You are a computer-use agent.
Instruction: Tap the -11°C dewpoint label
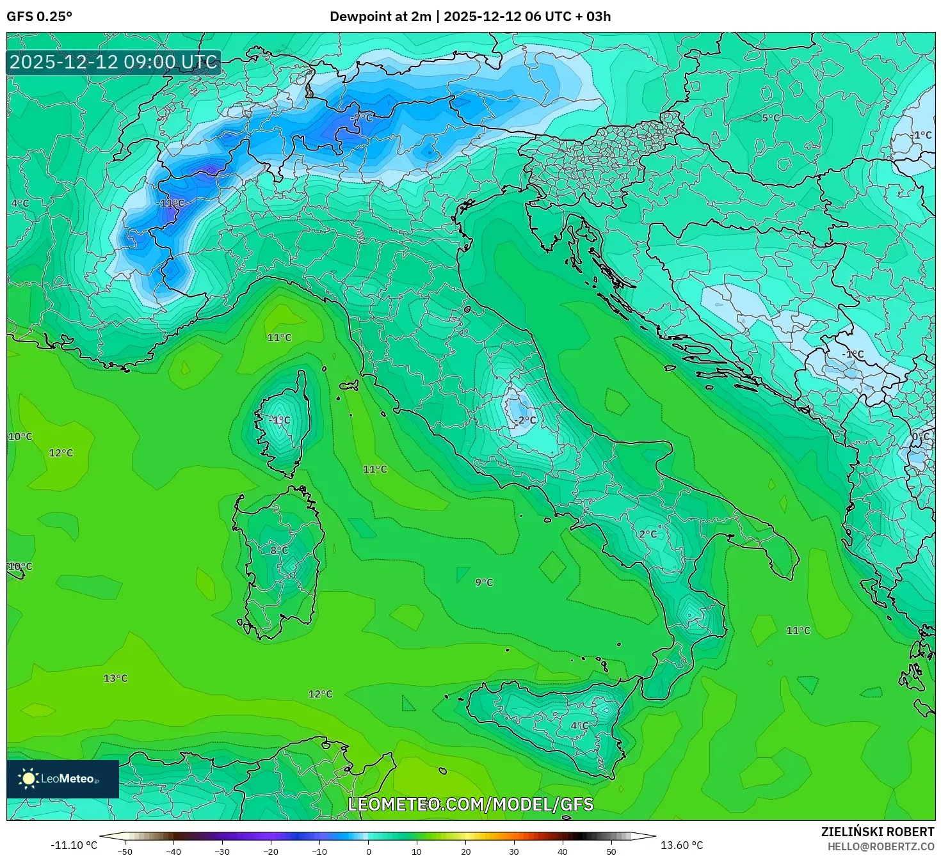(x=170, y=203)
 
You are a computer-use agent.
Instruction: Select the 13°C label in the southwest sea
(x=116, y=678)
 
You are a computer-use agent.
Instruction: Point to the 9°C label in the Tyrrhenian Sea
(x=484, y=582)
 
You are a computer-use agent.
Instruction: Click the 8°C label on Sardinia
(x=279, y=550)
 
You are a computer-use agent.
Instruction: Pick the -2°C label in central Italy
(x=526, y=420)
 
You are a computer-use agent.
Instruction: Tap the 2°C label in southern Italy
(x=648, y=534)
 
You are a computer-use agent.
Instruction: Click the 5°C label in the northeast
(x=771, y=118)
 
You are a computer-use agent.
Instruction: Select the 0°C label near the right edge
(x=921, y=437)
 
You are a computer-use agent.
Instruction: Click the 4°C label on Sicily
(x=579, y=725)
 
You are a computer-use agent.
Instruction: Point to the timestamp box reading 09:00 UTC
(x=114, y=62)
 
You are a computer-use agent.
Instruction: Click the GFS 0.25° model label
(x=40, y=17)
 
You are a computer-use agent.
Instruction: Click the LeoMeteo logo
(x=63, y=779)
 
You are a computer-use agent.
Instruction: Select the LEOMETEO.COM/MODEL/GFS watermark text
(x=470, y=804)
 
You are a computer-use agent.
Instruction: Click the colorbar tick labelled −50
(x=125, y=852)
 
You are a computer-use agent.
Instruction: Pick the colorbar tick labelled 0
(x=368, y=852)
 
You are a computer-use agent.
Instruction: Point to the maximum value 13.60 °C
(x=682, y=845)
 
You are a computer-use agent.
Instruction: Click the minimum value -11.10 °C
(x=74, y=845)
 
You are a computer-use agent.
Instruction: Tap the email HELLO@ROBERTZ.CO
(x=881, y=846)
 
